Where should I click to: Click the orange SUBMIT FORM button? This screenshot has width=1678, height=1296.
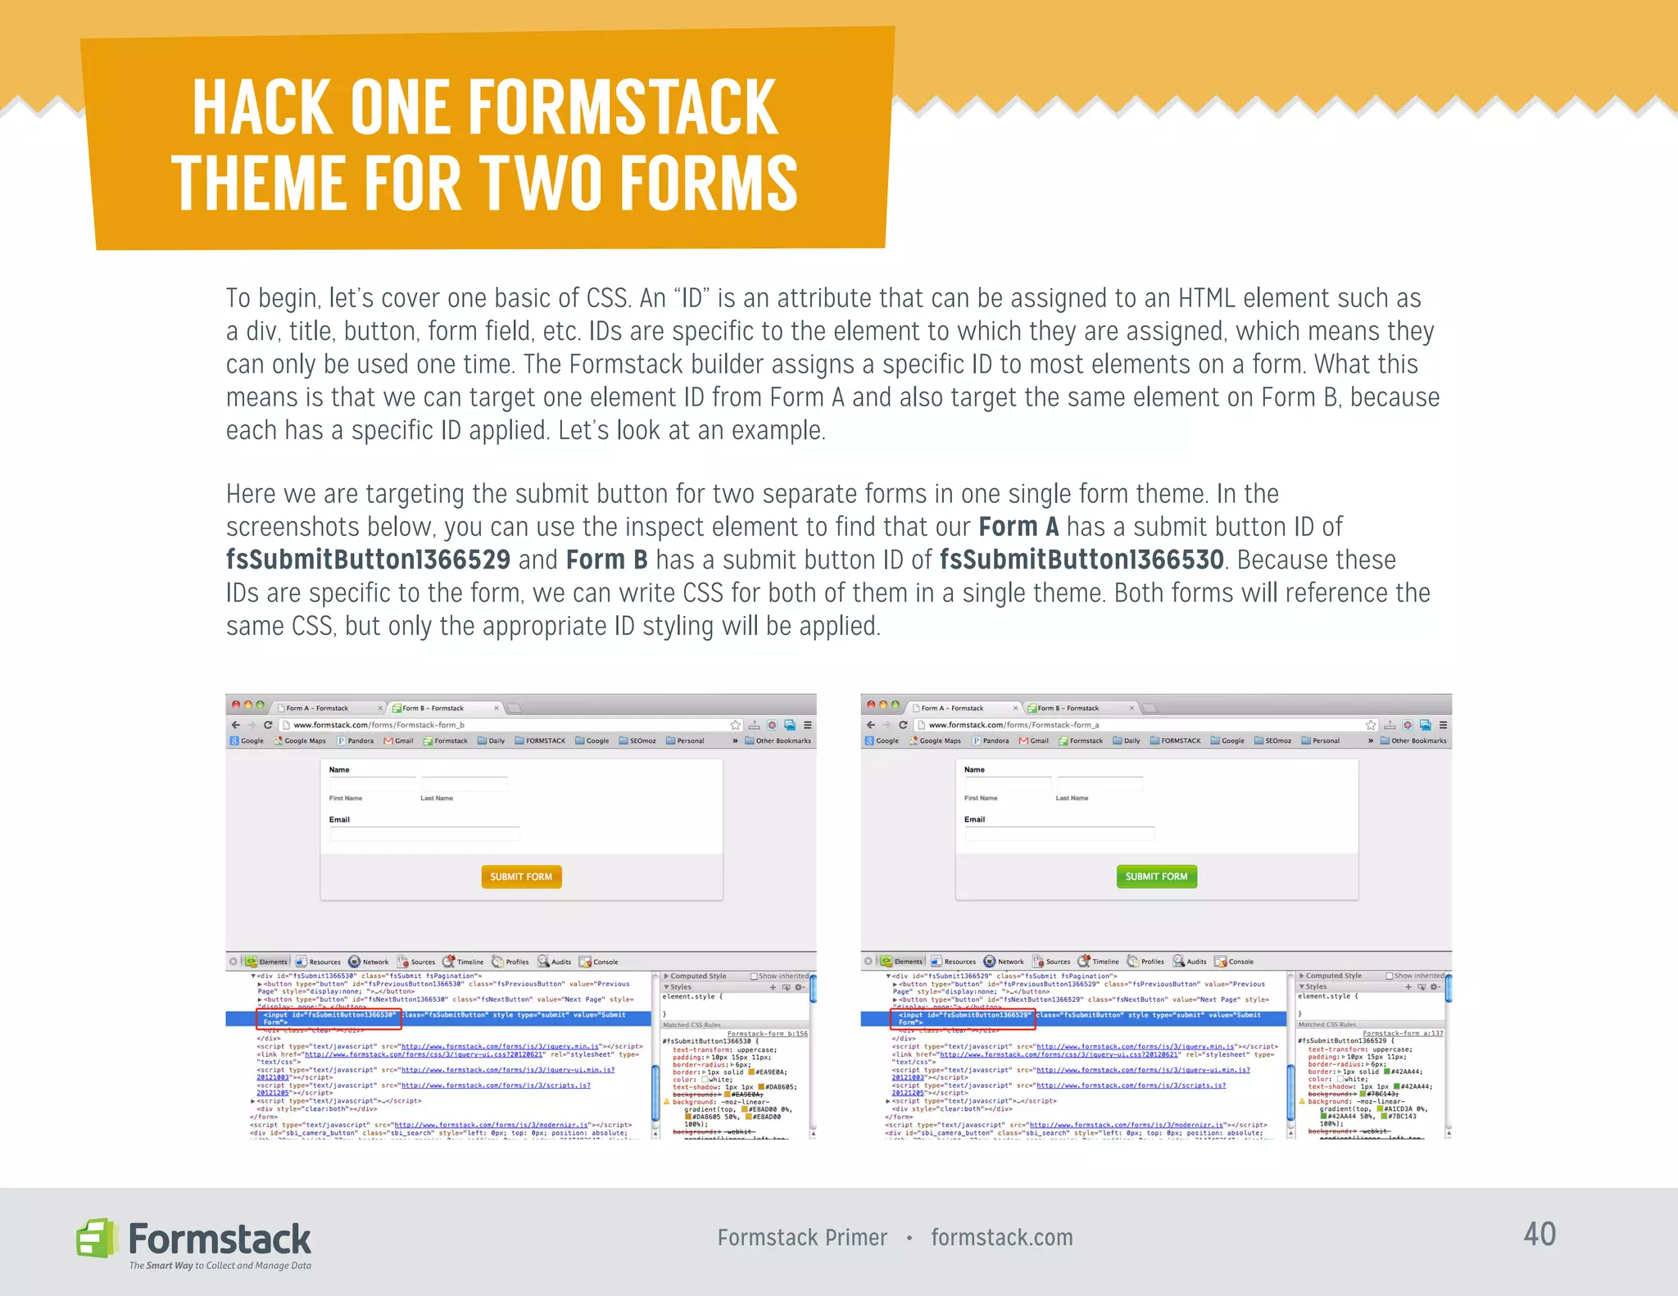click(x=521, y=877)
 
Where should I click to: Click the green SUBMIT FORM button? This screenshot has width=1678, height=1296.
click(x=1156, y=877)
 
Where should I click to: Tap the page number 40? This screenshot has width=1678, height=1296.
click(x=1540, y=1235)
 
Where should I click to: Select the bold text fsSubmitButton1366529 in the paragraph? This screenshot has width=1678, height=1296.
click(x=368, y=560)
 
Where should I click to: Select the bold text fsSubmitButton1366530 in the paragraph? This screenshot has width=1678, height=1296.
click(x=1082, y=560)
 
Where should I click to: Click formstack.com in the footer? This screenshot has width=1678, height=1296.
click(x=1001, y=1238)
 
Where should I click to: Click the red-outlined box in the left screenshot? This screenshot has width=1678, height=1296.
click(x=329, y=1018)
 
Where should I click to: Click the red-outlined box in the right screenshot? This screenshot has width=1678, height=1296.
click(x=964, y=1018)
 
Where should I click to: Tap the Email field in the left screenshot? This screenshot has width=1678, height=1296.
click(x=424, y=834)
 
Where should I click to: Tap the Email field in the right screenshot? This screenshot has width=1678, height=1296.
click(x=1059, y=834)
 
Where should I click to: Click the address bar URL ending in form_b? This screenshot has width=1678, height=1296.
click(x=379, y=725)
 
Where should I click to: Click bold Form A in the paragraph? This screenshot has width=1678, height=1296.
click(x=1018, y=527)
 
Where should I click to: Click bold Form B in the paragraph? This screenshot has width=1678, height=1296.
click(x=606, y=560)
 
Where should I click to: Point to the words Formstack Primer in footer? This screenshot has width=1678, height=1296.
click(x=802, y=1238)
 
